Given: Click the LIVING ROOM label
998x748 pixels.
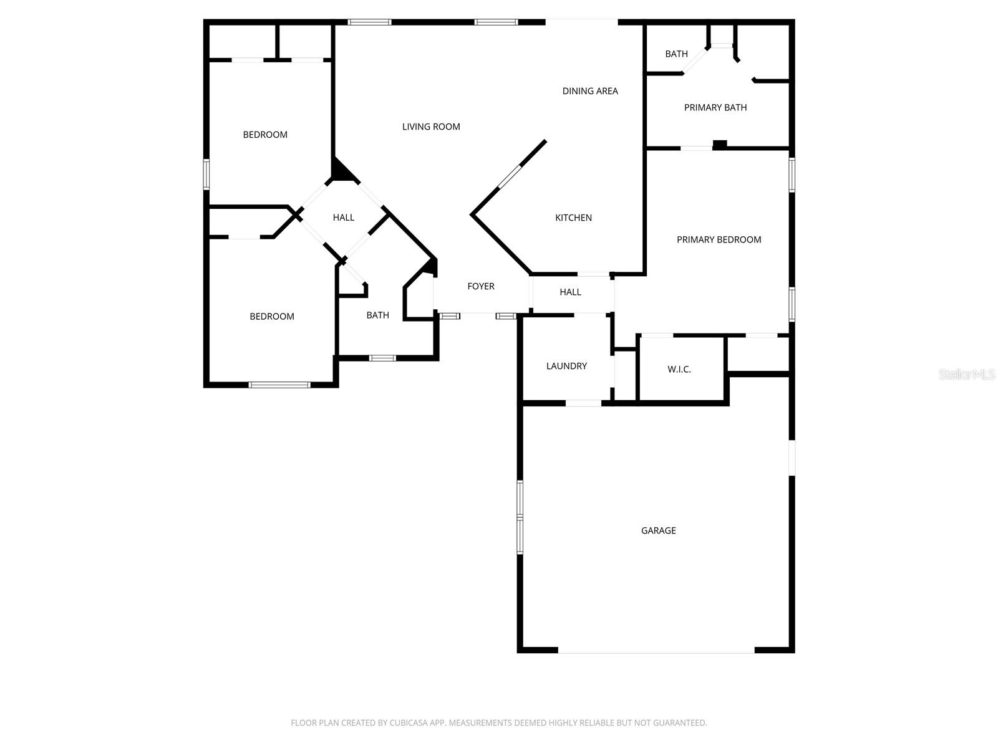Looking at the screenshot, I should pos(431,127).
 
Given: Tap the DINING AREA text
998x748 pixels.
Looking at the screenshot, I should pos(590,91).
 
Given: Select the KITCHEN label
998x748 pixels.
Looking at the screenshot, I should pos(573,218).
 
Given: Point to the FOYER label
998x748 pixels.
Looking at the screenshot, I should pos(481,286).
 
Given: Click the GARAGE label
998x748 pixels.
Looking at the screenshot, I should pos(658,530).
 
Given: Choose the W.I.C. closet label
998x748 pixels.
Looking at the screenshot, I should pos(679,370).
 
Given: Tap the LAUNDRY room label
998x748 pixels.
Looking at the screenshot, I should pos(566,366).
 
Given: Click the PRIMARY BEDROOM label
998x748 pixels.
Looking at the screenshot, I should pos(719,239).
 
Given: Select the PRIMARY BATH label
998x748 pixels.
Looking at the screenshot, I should pos(715,107).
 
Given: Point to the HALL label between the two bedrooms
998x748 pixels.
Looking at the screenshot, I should pos(343,218).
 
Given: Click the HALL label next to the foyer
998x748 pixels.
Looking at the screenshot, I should pos(570,292).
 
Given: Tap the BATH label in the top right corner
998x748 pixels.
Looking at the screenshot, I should pos(676,54).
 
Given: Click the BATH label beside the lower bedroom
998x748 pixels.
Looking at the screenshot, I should pos(377,315).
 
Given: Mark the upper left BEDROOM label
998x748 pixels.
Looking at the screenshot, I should pos(265,135).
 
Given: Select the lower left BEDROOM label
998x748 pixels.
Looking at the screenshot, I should pos(272,317).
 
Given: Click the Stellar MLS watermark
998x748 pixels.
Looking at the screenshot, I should pos(967,374).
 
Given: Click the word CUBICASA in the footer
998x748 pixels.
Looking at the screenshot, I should pos(412,723).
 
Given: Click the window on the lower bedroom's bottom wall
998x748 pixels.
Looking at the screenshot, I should pos(279,385).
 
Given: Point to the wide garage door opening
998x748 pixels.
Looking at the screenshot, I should pos(656,651).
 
